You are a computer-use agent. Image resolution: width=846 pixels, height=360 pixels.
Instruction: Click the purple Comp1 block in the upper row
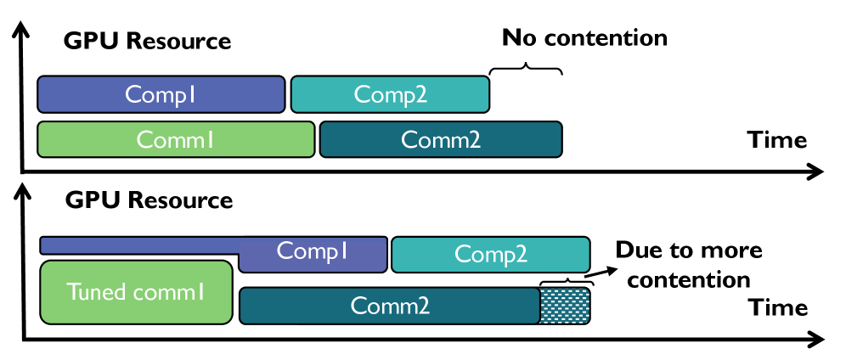(x=161, y=94)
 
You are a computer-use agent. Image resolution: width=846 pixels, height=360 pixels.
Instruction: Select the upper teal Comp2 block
(x=390, y=94)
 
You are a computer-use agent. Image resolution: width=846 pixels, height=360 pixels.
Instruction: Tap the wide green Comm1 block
(x=176, y=139)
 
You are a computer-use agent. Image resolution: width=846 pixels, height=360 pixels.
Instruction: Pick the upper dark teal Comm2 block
(x=441, y=139)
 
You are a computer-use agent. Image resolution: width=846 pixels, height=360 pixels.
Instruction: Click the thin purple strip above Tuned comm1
(x=140, y=245)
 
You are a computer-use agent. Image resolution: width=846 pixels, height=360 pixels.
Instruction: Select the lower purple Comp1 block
(x=313, y=255)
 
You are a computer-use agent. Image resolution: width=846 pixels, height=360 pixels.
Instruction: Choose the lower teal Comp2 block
(x=490, y=255)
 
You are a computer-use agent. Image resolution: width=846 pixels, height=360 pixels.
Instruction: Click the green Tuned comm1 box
(x=136, y=292)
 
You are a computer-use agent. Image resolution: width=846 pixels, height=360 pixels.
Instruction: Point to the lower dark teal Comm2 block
(x=390, y=306)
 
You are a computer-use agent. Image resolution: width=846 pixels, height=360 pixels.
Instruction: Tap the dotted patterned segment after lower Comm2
(x=564, y=306)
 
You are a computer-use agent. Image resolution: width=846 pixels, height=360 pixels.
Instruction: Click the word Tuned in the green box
(x=96, y=292)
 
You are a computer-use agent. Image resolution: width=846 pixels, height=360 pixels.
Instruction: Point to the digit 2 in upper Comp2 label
(x=420, y=95)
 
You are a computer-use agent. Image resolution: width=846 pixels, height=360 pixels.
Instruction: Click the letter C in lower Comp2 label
(x=462, y=254)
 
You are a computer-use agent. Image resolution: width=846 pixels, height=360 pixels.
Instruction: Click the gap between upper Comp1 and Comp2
(x=288, y=94)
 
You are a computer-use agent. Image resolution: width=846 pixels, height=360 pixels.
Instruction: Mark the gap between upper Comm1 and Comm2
(x=318, y=139)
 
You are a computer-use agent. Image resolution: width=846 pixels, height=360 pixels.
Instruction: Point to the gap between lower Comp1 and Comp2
(x=390, y=255)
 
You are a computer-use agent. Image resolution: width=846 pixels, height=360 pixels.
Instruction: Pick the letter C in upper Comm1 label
(x=144, y=140)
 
